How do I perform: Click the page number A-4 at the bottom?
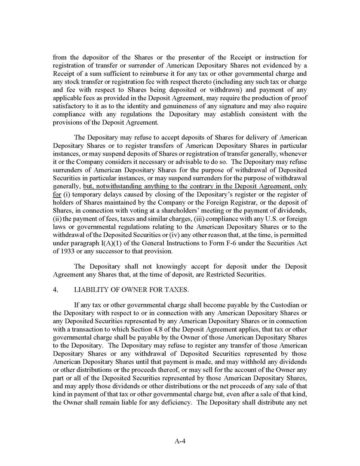coord(180,440)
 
